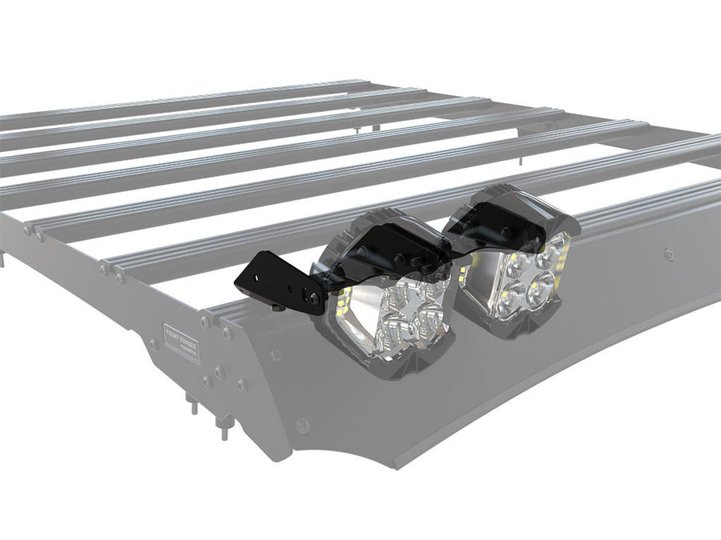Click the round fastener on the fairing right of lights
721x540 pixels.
pyautogui.click(x=667, y=254)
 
